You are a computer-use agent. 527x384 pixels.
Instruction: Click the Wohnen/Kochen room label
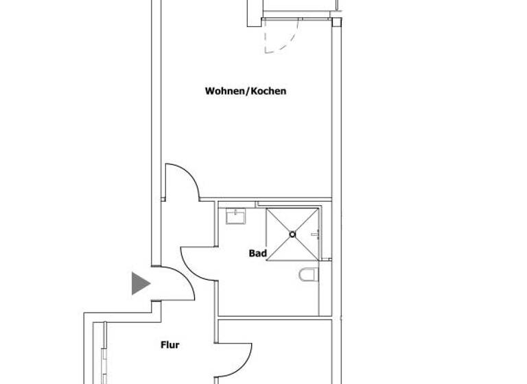[x=245, y=91]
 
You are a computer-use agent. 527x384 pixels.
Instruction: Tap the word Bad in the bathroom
[x=257, y=253]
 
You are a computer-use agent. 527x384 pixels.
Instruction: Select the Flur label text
[x=169, y=345]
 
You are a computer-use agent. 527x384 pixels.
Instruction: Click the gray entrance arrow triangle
[x=140, y=283]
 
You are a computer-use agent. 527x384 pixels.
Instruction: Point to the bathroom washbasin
[x=236, y=217]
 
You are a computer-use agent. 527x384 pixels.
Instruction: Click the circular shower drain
[x=292, y=235]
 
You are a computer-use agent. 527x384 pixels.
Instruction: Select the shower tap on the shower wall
[x=315, y=235]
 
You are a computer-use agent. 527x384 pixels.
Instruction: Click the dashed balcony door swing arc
[x=288, y=40]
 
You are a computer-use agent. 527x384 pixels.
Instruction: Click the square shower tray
[x=292, y=235]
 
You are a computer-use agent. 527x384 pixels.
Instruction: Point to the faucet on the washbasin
[x=236, y=212]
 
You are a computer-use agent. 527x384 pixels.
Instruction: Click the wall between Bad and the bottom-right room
[x=274, y=317]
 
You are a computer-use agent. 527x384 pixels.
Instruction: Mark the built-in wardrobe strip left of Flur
[x=104, y=353]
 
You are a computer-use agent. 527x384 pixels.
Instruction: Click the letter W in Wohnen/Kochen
[x=209, y=91]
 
